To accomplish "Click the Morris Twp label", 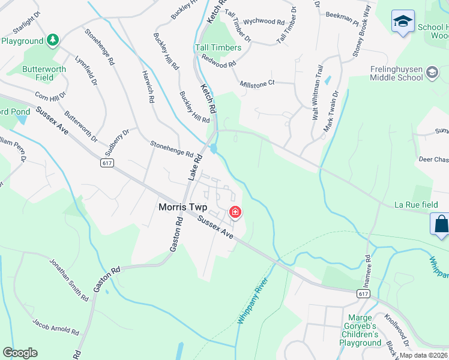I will point(187,207).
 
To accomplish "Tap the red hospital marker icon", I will point(235,212).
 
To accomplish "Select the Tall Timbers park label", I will point(217,47).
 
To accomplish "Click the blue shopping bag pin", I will point(441,224).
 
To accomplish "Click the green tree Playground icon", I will point(53,40).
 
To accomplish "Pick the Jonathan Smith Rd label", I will point(68,280).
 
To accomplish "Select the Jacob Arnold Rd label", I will point(56,325).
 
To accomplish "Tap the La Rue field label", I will point(415,205).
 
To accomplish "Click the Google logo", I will point(20,353).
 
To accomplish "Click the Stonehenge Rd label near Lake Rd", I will point(171,149).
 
